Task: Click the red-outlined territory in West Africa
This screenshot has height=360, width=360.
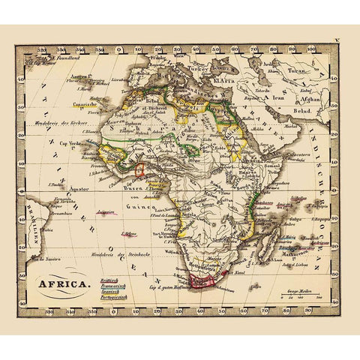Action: [139, 169]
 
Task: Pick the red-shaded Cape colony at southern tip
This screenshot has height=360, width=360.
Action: [203, 281]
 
